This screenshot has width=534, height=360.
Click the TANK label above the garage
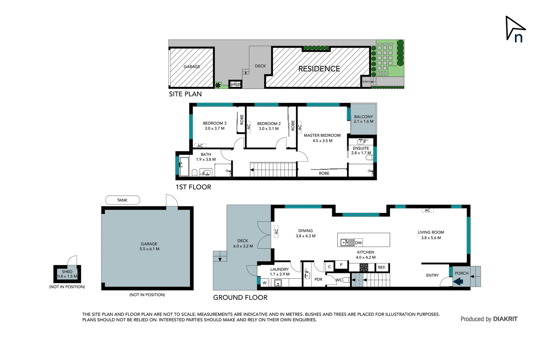[x=122, y=200]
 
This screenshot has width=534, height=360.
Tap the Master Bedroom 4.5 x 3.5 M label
[x=322, y=138]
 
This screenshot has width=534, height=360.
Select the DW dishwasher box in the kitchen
[x=358, y=243]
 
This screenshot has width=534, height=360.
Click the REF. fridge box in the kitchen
[x=382, y=267]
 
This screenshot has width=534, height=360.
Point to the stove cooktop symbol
[x=364, y=267]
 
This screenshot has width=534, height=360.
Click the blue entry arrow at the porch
[x=458, y=282]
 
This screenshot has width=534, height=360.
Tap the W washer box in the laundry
[x=265, y=283]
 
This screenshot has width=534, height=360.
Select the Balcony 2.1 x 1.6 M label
[x=363, y=119]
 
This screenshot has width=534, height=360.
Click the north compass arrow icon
[x=515, y=29]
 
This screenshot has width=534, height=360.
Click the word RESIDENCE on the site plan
[x=319, y=69]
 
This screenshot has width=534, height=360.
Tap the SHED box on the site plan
[x=235, y=84]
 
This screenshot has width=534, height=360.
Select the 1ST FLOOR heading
[x=193, y=187]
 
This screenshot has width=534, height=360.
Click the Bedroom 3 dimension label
[x=215, y=128]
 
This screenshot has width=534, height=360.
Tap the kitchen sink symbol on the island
[x=347, y=242]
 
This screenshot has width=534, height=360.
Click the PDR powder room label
[x=318, y=279]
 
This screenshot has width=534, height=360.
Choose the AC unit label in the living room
[x=427, y=210]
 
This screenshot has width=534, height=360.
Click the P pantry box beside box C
[x=341, y=265]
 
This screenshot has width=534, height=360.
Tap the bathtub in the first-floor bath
[x=184, y=166]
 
